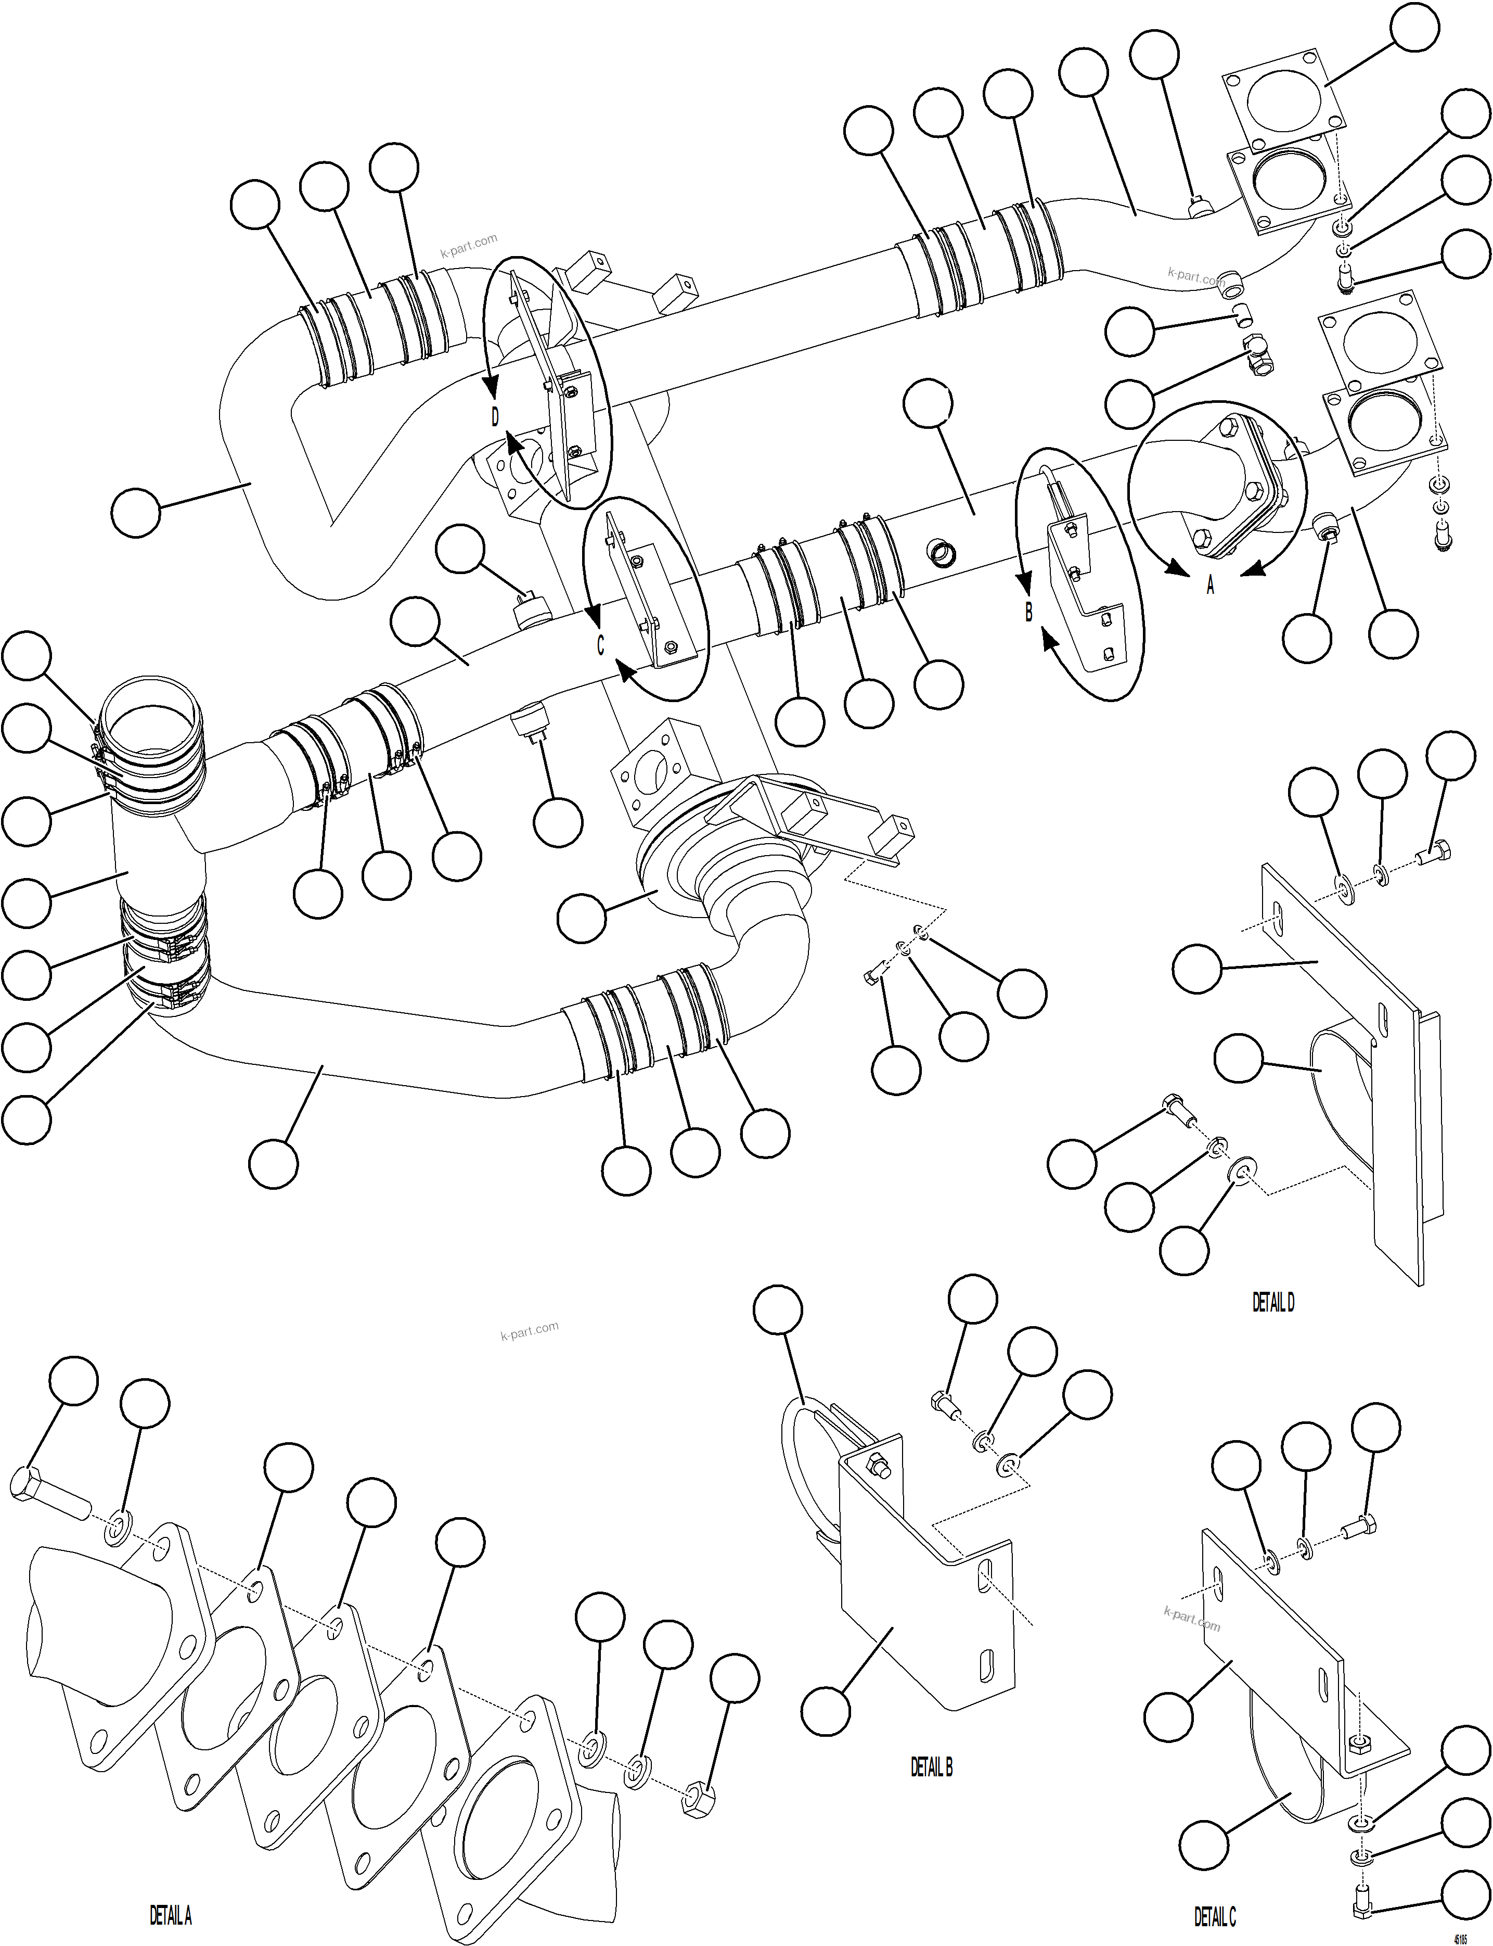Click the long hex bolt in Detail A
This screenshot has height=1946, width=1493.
pos(49,1504)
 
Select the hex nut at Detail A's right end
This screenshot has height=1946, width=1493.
pos(696,1801)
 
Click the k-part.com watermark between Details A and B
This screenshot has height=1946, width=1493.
pos(530,1331)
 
